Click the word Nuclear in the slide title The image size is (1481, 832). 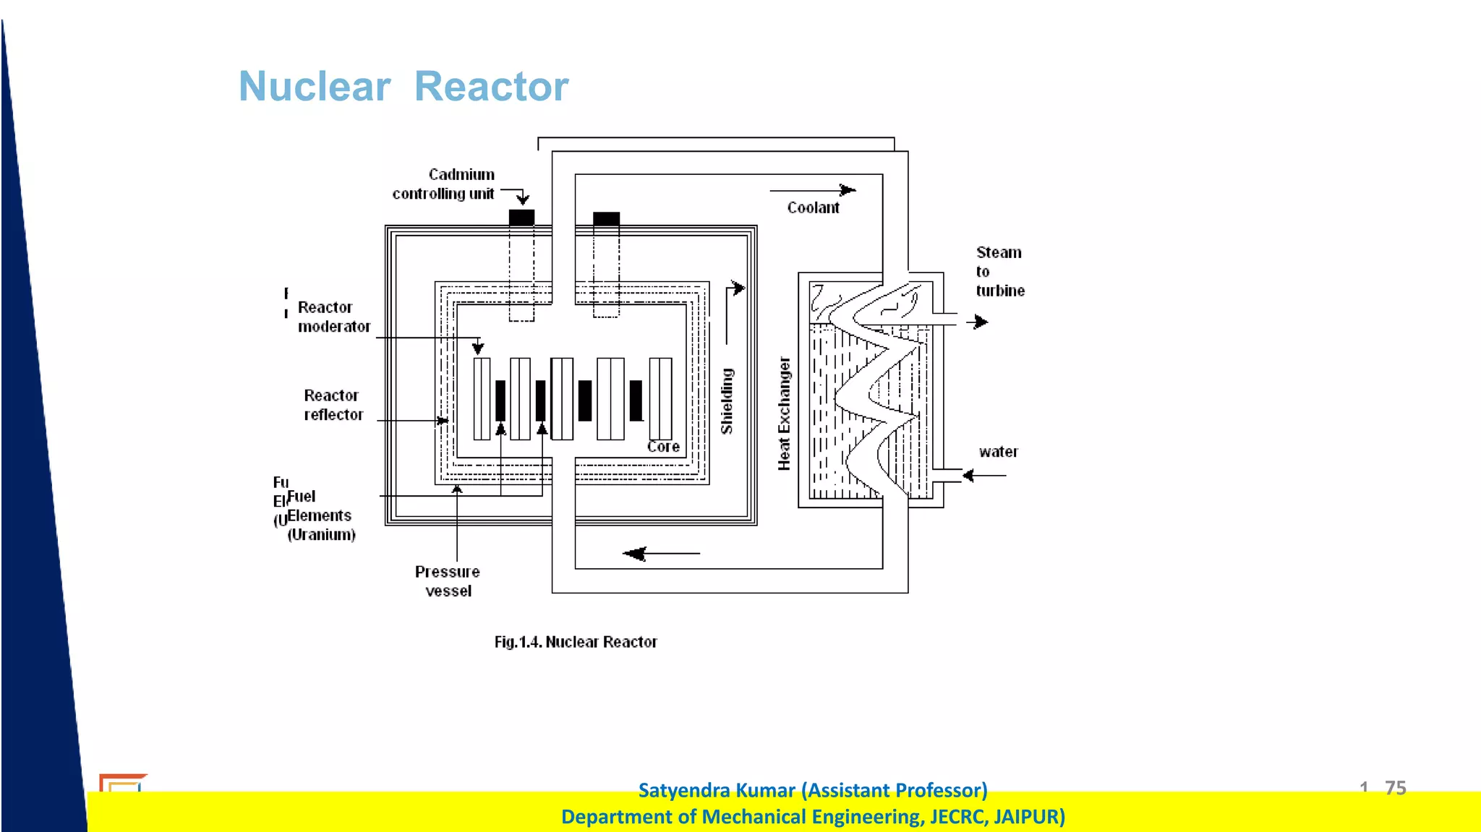click(315, 87)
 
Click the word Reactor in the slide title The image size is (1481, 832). click(491, 87)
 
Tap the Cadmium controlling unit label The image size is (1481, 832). click(445, 184)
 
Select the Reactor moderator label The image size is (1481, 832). click(333, 317)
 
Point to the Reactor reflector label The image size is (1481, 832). click(333, 405)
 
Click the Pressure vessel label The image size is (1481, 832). click(448, 581)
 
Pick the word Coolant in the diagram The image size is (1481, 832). click(813, 208)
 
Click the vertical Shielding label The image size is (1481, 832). click(727, 401)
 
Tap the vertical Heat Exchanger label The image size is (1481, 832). click(784, 413)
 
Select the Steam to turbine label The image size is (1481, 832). click(999, 272)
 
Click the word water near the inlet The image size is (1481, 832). click(998, 453)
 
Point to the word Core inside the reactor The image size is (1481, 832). click(663, 447)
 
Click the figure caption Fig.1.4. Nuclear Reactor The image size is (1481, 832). click(576, 642)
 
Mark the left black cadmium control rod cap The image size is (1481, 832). click(521, 218)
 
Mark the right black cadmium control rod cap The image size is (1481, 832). click(606, 218)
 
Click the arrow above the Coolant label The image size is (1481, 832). click(813, 190)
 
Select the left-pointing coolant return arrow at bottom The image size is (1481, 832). click(661, 554)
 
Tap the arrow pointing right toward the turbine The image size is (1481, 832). click(978, 322)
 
